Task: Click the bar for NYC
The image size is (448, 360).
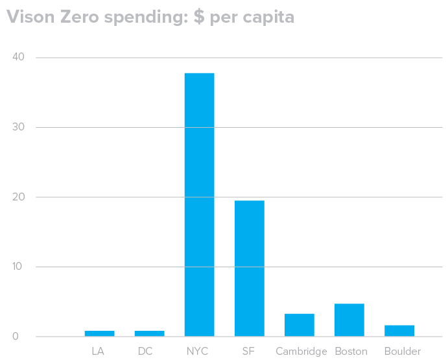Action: pos(199,204)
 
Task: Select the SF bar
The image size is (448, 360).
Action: pos(250,268)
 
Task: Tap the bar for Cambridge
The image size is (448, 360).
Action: pos(300,325)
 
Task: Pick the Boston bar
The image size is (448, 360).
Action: pos(349,320)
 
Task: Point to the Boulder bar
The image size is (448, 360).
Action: pos(399,331)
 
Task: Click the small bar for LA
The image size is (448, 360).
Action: pos(99,333)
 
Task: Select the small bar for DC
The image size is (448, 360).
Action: pos(149,333)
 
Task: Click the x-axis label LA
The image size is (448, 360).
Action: pos(98,352)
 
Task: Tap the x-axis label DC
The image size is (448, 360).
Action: pos(146,352)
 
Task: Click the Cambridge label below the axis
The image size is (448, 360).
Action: pos(301,352)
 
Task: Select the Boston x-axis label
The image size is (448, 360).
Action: pos(351,352)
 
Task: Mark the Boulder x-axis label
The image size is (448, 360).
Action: pos(402,352)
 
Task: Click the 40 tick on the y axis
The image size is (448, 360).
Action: pos(18,57)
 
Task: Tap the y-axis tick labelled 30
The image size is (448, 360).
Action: pos(18,127)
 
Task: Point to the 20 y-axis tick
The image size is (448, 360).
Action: pos(18,197)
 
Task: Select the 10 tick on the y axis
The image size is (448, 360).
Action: pos(18,267)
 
